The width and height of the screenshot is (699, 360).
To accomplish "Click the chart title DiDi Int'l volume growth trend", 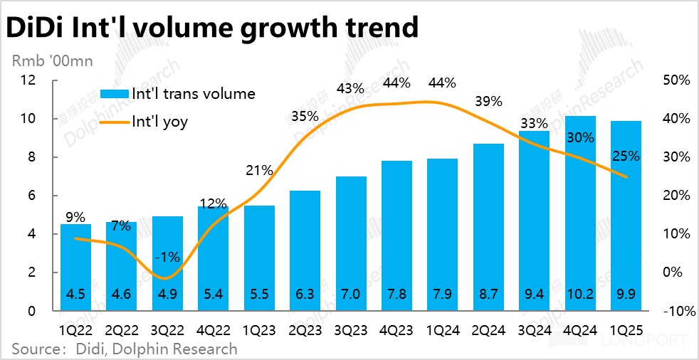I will pyautogui.click(x=212, y=27).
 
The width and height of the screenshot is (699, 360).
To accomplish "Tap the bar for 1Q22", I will pyautogui.click(x=75, y=268).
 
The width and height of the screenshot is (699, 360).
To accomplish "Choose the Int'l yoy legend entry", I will pyautogui.click(x=159, y=122).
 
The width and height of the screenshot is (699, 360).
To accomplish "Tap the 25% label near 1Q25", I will pyautogui.click(x=626, y=156).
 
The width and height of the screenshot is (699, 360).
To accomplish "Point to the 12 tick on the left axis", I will pyautogui.click(x=28, y=80).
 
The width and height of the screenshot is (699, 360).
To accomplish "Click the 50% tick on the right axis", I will pyautogui.click(x=675, y=80).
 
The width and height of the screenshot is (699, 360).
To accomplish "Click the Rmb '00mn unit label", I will pyautogui.click(x=51, y=61).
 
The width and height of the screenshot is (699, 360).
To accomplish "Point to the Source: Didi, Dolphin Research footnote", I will pyautogui.click(x=124, y=349).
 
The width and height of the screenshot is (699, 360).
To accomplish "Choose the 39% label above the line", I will pyautogui.click(x=488, y=102).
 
